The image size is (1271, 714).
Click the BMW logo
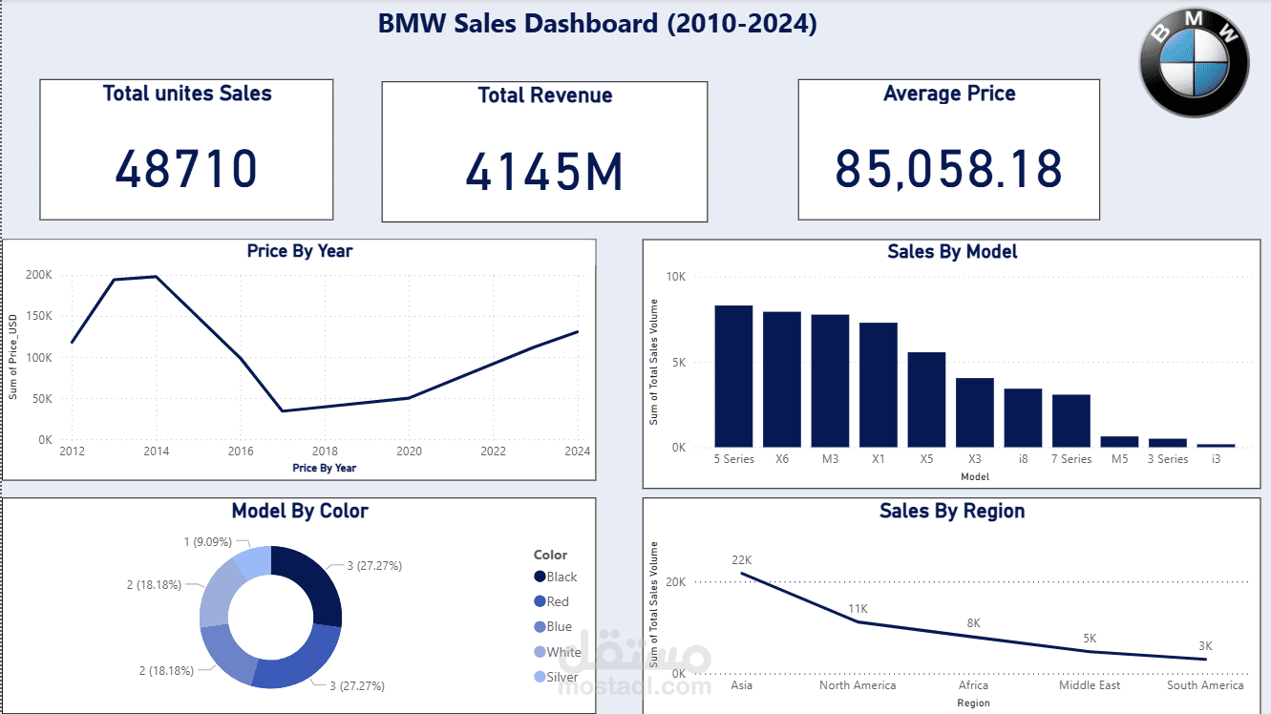pyautogui.click(x=1194, y=62)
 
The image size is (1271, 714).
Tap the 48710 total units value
pyautogui.click(x=186, y=169)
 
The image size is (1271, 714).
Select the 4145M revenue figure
pyautogui.click(x=544, y=172)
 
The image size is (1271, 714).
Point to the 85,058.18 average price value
pyautogui.click(x=948, y=168)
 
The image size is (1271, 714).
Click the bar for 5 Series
pyautogui.click(x=733, y=376)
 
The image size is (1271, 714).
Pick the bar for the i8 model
pyautogui.click(x=1023, y=417)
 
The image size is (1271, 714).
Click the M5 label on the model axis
pyautogui.click(x=1119, y=459)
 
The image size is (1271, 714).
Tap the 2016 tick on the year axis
pyautogui.click(x=241, y=451)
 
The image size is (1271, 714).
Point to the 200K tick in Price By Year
pyautogui.click(x=39, y=275)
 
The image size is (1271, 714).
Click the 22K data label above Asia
pyautogui.click(x=742, y=559)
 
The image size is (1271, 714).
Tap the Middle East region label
pyautogui.click(x=1090, y=685)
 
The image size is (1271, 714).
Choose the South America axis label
pyautogui.click(x=1205, y=685)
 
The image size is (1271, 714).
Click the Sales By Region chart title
pyautogui.click(x=951, y=511)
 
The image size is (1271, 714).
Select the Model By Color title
pyautogui.click(x=299, y=511)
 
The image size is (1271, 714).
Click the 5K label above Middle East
pyautogui.click(x=1090, y=638)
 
